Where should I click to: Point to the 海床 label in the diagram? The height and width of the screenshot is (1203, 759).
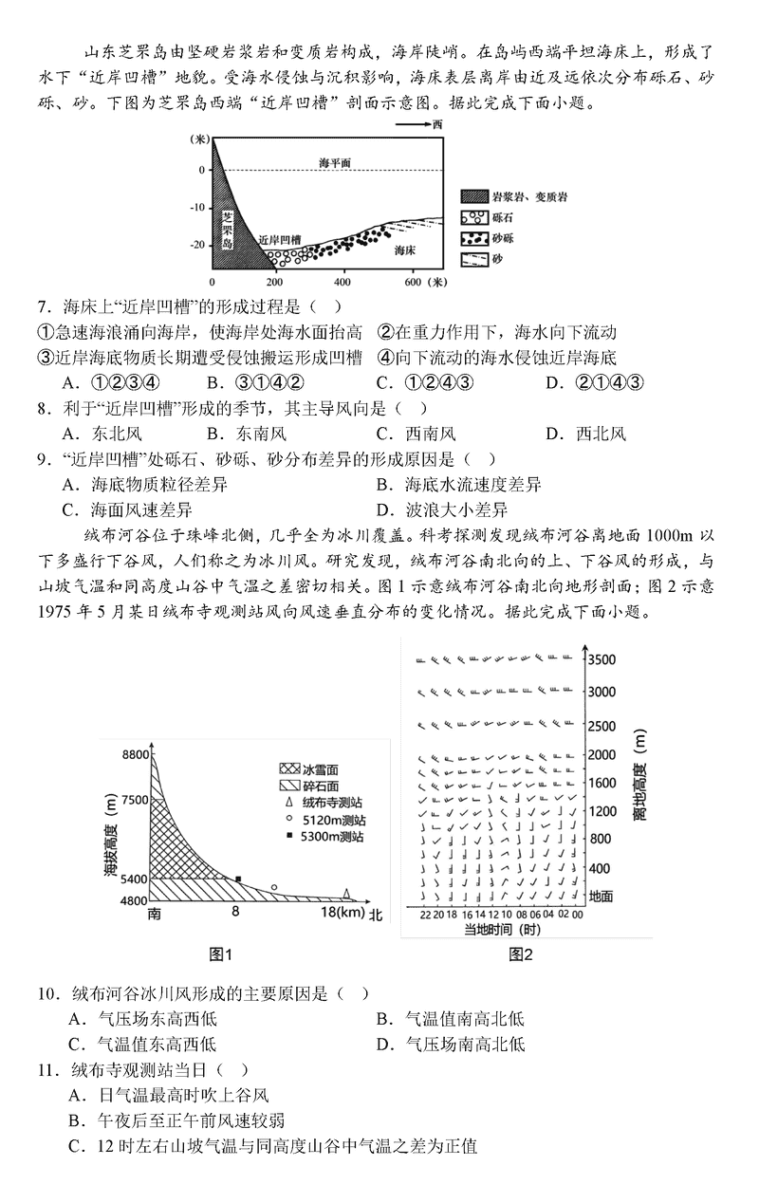point(405,250)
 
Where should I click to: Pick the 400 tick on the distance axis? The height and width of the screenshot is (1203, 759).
point(342,283)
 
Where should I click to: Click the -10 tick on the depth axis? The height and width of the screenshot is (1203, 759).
point(198,207)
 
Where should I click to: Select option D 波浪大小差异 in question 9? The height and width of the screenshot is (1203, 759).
point(458,510)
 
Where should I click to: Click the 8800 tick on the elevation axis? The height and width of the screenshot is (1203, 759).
point(136,754)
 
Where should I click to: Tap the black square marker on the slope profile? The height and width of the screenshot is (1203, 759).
point(238,879)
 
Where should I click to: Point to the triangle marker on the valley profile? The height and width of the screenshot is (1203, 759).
point(347,893)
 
